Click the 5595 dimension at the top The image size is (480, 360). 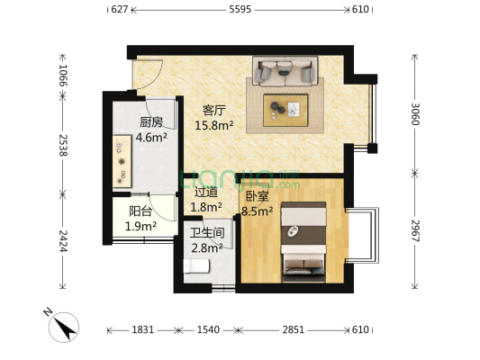(240, 10)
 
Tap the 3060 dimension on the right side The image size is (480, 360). (415, 114)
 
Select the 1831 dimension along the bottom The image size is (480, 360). (142, 330)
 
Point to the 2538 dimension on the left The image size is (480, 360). (63, 145)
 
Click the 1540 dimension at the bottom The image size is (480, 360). (208, 330)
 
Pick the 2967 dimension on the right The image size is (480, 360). (415, 230)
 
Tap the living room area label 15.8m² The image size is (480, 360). (214, 125)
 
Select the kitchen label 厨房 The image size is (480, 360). (151, 122)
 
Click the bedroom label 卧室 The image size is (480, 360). (258, 196)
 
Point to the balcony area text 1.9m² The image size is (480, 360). (140, 226)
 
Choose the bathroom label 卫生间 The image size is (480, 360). (207, 233)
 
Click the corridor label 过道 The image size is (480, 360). (206, 193)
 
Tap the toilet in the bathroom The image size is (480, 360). (196, 266)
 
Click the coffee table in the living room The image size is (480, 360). (285, 111)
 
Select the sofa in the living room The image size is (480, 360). (285, 71)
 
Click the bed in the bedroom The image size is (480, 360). (303, 241)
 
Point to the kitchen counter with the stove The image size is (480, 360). (122, 161)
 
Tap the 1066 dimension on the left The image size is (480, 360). (63, 75)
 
